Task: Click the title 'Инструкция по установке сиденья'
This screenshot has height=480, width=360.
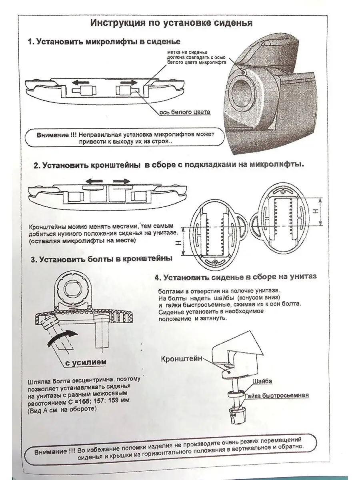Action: click(172, 22)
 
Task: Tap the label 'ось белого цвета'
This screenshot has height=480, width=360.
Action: click(185, 112)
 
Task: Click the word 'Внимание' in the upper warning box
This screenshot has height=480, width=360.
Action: click(52, 135)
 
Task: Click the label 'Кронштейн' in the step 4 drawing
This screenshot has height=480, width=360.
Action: click(181, 358)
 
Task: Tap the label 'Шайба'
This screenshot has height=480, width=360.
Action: click(262, 381)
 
